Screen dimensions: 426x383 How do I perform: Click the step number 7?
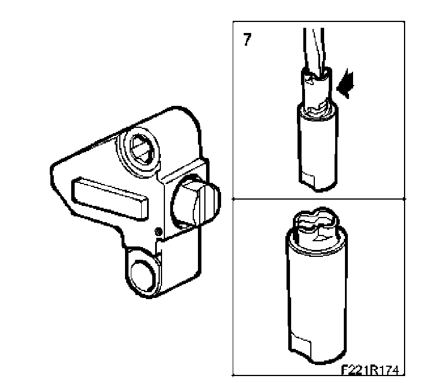pos(247,39)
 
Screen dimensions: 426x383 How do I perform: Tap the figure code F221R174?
pos(370,370)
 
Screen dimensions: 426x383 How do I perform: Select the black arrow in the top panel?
pos(346,84)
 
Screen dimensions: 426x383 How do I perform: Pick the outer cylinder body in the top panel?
pos(318,147)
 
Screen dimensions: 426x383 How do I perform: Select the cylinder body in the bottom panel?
pos(317,296)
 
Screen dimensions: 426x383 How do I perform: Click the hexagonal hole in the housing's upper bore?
pos(142,149)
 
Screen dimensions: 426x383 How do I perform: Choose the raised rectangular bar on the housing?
pos(110,198)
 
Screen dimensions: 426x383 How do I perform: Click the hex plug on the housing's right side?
pos(196,201)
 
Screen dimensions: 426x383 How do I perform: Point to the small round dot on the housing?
pos(158,231)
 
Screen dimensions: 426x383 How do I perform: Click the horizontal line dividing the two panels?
pos(319,199)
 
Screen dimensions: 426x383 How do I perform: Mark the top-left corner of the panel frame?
pos(233,21)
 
